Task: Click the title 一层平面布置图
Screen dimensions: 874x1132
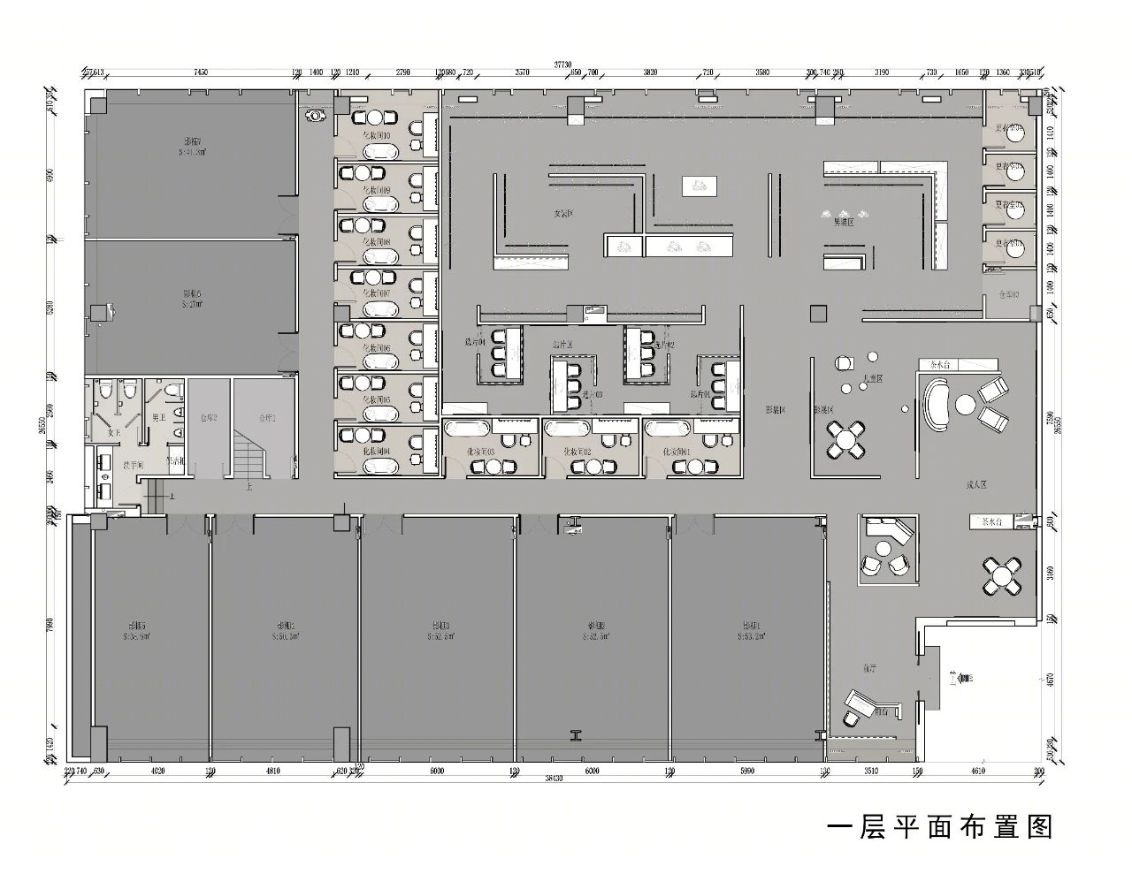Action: coord(940,827)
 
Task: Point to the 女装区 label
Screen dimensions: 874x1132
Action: coord(565,214)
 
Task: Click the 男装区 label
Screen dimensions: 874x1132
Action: coord(844,223)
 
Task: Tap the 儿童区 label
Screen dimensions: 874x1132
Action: coord(874,378)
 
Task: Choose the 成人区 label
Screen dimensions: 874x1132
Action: coord(975,485)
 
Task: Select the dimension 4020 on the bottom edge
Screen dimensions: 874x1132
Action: coord(158,771)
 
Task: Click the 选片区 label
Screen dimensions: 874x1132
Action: coord(563,344)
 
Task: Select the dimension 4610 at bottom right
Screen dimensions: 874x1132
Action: coord(977,771)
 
